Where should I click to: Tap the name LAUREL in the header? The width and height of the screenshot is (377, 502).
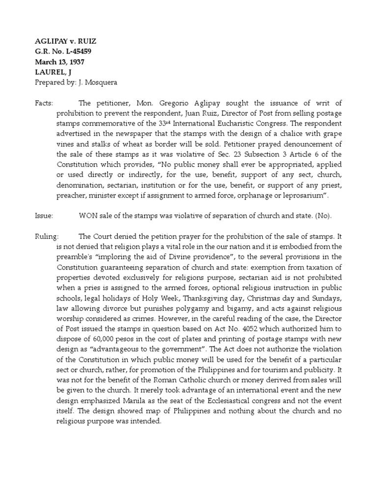point(48,73)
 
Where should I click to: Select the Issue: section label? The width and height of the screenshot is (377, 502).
point(44,215)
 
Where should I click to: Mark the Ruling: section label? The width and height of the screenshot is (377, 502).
point(47,236)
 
